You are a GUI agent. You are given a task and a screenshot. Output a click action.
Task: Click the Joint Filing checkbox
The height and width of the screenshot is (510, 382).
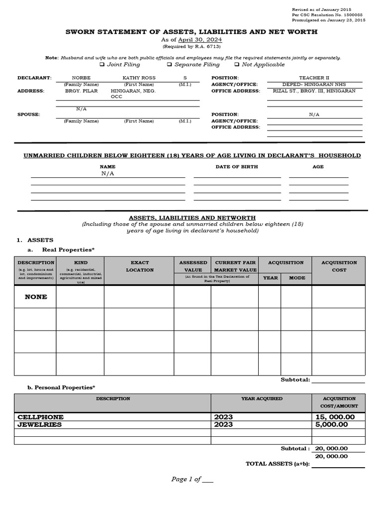pos(102,65)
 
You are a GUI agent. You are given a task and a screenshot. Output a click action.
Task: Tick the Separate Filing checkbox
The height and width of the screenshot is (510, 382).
pos(170,65)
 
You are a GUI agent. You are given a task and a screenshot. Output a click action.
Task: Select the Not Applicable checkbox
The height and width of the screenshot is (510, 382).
pos(237,65)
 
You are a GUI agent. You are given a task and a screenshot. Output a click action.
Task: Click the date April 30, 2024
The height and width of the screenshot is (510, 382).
pos(200,40)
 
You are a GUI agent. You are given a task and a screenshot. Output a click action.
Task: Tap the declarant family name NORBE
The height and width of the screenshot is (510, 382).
pos(81,78)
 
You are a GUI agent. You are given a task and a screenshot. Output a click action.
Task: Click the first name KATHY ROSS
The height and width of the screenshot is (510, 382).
pos(139,78)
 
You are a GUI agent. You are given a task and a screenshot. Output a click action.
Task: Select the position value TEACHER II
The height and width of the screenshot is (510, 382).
pos(314,78)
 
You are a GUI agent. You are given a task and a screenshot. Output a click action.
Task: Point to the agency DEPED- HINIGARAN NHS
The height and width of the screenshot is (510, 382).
pos(314,85)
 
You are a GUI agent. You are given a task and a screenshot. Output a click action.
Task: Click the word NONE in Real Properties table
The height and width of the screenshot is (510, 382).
pos(36,297)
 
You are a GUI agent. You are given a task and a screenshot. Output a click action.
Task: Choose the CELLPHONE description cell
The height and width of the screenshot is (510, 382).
pos(41,417)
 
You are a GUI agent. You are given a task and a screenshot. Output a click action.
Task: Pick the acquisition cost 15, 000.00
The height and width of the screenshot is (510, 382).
pos(335,417)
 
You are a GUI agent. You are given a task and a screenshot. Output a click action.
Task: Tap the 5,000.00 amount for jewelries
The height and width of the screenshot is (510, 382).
pos(331,424)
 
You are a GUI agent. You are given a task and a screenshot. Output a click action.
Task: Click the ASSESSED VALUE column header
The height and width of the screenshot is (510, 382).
pos(192,266)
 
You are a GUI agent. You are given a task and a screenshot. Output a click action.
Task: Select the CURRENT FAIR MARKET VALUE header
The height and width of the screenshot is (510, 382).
pos(235,266)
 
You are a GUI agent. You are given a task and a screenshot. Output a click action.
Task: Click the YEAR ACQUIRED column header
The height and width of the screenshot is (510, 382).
pos(262,399)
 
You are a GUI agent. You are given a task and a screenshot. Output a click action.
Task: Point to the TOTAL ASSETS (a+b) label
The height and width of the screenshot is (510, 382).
pos(278,464)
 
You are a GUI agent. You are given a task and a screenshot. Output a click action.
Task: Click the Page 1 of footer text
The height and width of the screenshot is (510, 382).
pos(186,479)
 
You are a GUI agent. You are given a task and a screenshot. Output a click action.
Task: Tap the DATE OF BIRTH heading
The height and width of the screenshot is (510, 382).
pos(236,167)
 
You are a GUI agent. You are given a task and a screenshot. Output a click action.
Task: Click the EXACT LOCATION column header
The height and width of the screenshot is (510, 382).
pos(139,266)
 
